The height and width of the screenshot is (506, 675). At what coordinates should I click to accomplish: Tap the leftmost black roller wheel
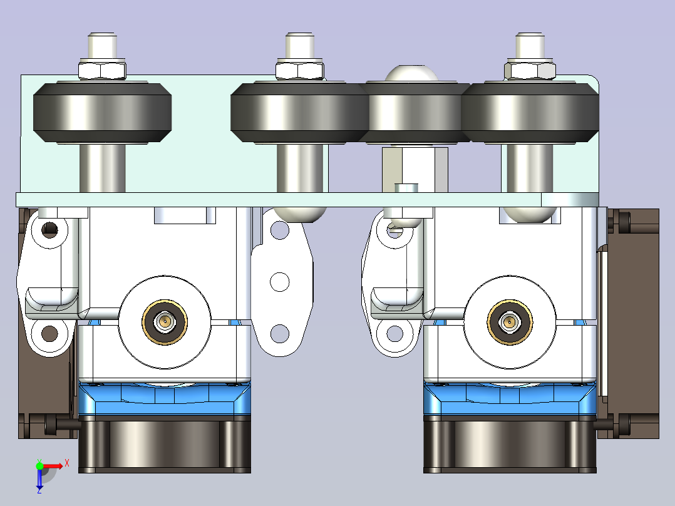click(103, 112)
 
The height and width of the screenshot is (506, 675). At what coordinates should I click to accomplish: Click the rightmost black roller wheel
click(530, 112)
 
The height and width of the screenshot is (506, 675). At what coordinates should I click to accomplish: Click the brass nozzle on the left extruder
click(165, 322)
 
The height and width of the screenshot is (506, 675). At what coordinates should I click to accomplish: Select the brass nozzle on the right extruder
click(510, 322)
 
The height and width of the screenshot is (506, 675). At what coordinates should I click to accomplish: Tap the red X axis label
click(67, 463)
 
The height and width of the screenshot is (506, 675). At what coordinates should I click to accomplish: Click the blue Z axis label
click(39, 490)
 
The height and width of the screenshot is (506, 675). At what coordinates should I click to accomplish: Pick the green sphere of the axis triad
click(39, 466)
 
